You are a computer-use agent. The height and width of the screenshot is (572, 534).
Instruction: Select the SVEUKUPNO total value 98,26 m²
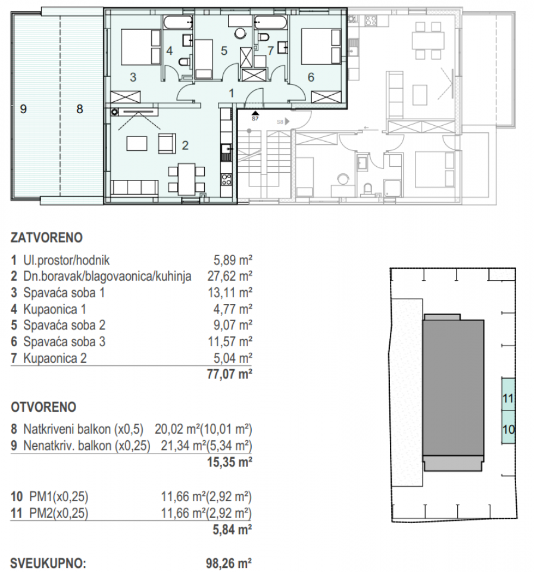[229, 562]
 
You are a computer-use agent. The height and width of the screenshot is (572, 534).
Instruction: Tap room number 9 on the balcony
[23, 108]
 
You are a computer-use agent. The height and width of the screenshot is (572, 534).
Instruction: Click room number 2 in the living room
[185, 144]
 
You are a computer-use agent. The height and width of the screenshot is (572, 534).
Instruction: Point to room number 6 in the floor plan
[311, 76]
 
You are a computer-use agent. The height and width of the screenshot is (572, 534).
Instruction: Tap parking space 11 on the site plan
[508, 399]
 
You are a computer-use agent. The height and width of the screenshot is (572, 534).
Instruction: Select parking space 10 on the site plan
[508, 428]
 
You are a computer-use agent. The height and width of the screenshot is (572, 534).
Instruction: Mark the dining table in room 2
[186, 179]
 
